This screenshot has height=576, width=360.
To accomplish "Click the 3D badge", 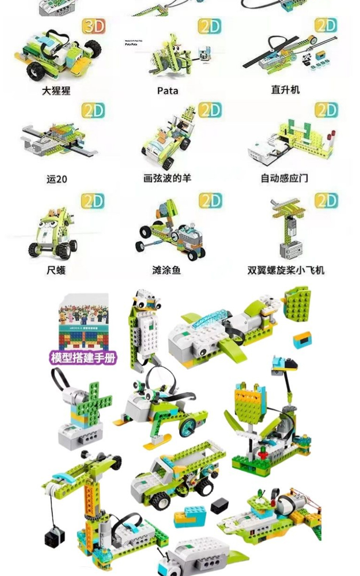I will click(x=94, y=26).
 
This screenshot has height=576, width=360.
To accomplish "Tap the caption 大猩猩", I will click(x=56, y=90).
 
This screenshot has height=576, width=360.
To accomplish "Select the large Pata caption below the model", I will click(x=168, y=90).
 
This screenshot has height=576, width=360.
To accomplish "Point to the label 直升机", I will click(x=285, y=89).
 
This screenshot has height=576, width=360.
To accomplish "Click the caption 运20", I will click(x=57, y=179).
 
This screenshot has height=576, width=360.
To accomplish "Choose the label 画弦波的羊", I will click(x=167, y=178).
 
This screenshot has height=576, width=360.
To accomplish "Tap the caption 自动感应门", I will click(x=284, y=178).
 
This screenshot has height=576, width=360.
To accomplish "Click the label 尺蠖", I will click(x=56, y=270).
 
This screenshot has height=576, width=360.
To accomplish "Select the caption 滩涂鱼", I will click(x=167, y=270).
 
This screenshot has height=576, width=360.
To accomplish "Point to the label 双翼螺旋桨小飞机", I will click(x=286, y=270).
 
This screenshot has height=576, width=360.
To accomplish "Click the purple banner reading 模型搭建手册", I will click(x=84, y=358).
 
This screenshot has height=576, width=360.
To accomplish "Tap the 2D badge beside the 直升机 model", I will click(x=326, y=26).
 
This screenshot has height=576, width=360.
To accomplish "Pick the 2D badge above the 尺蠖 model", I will click(x=93, y=201).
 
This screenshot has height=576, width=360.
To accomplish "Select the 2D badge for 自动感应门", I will click(x=326, y=110).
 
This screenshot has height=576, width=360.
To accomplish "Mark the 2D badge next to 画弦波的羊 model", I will click(x=210, y=110).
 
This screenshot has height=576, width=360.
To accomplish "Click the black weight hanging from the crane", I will click(x=54, y=538).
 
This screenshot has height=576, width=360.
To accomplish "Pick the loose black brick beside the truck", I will click(x=219, y=505).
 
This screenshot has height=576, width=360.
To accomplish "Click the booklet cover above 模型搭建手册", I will click(x=84, y=323).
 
